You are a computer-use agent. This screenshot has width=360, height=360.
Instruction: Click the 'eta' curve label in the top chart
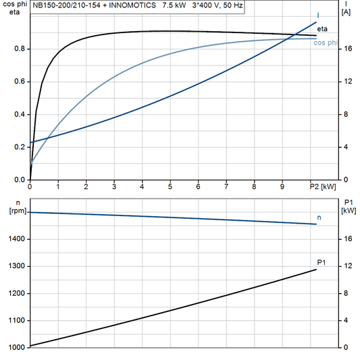click(x=322, y=28)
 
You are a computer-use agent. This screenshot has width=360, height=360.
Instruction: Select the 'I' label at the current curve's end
click(x=318, y=15)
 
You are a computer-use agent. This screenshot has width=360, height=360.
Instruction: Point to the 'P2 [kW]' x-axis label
click(x=322, y=186)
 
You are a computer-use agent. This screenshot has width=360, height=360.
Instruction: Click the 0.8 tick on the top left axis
click(x=20, y=49)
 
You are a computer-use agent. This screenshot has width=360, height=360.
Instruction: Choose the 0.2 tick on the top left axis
click(x=20, y=147)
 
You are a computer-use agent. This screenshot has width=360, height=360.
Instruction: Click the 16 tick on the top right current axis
click(x=346, y=49)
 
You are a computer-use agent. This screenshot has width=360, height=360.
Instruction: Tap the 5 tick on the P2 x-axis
click(x=170, y=186)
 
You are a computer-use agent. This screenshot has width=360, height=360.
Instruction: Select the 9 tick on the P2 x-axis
click(x=282, y=186)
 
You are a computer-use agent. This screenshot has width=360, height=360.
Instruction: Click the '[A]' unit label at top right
click(x=346, y=12)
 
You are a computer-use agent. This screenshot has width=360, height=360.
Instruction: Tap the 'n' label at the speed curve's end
click(x=319, y=217)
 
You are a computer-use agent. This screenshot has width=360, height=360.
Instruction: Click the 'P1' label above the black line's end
click(x=322, y=262)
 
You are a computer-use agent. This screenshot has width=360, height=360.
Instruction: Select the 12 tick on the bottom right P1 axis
click(x=346, y=266)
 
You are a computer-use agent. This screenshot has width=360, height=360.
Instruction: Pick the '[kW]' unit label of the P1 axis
click(x=349, y=211)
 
